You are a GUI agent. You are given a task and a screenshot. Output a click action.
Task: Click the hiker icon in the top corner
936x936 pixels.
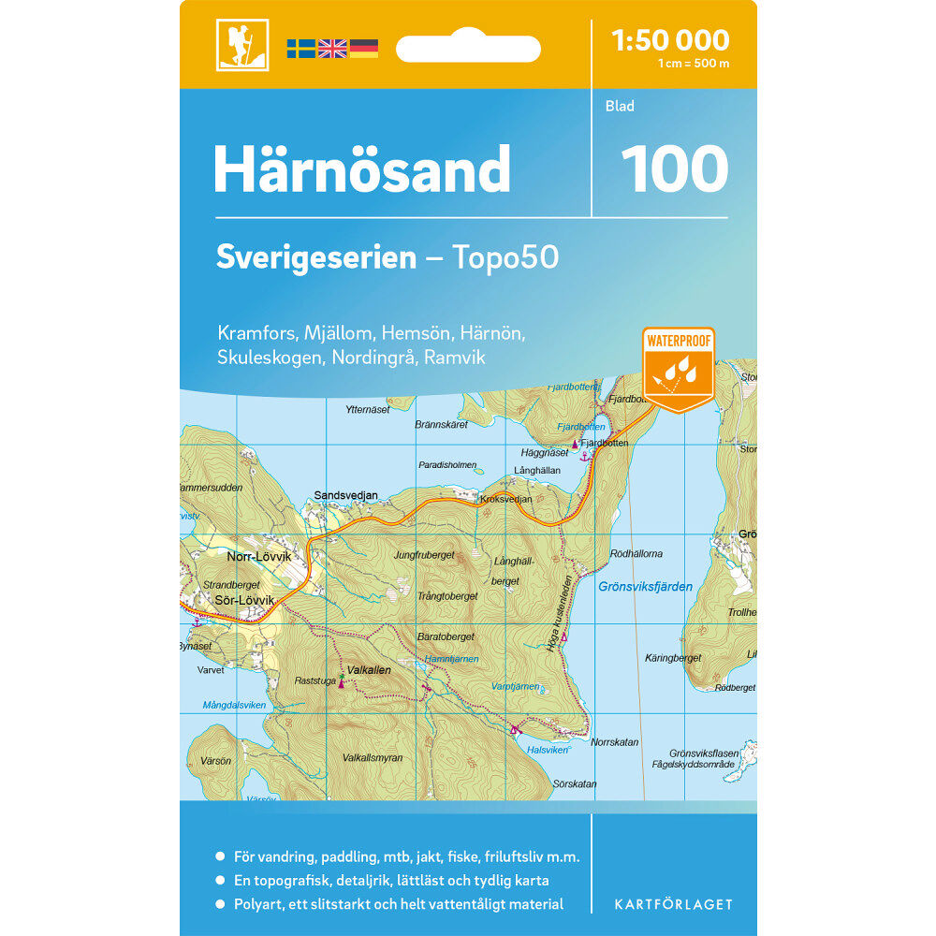pos(241,45)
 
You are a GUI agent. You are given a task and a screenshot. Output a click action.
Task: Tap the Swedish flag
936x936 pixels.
pos(300,49)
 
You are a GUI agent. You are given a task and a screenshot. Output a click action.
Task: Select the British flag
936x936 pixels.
pos(332,49)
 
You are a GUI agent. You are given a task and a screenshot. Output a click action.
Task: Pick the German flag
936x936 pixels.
pos(363,49)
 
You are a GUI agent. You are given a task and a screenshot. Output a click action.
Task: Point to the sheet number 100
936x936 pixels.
pos(674,168)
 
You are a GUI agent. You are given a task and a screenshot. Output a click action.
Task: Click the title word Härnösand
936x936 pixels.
pos(362,169)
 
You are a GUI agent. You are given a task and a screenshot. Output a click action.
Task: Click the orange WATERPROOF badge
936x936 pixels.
pos(678,368)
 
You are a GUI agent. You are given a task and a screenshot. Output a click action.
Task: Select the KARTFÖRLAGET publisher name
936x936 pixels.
pos(673,904)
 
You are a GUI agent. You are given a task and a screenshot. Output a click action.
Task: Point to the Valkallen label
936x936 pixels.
pos(369,670)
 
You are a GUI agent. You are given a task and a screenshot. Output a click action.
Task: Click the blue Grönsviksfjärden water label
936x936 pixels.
pos(645,587)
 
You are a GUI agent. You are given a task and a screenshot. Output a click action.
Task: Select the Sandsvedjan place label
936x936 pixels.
pos(346,495)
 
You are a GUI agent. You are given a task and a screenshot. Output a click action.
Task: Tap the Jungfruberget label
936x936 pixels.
pos(424,555)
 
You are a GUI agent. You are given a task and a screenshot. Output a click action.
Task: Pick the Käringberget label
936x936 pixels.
pos(673,658)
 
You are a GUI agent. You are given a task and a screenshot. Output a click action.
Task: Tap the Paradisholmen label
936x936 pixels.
pos(447,464)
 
